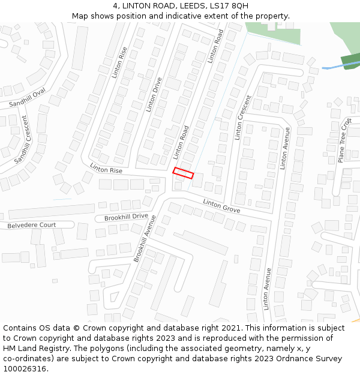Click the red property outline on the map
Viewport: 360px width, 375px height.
184,173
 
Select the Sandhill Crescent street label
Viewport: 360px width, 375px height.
22,139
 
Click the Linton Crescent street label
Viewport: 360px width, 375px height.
243,118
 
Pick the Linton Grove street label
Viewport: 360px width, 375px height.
221,206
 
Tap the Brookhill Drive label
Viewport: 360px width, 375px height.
126,217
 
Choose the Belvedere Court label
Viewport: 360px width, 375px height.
31,226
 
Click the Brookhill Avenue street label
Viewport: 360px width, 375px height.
145,238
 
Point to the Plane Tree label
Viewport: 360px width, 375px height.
344,140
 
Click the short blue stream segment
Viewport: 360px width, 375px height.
332,67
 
